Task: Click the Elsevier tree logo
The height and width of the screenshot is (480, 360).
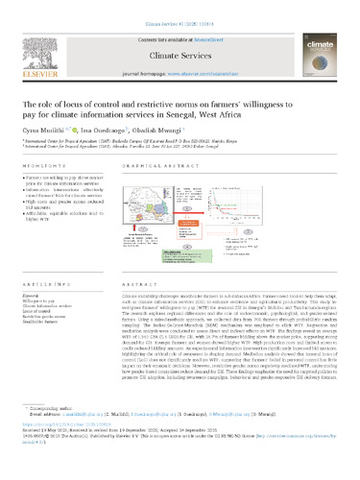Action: pos(39,40)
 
